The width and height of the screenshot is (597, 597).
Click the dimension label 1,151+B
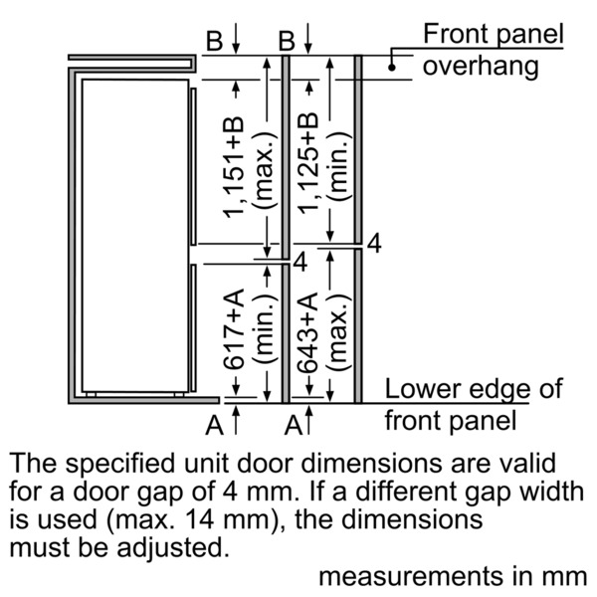[234, 167]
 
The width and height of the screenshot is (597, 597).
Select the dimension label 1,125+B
[307, 163]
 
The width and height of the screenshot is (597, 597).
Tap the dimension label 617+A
[234, 329]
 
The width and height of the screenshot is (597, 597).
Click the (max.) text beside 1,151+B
[264, 170]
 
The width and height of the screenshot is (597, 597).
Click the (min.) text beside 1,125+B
[338, 166]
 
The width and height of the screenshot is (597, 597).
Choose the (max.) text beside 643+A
[338, 332]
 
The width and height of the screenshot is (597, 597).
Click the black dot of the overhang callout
[392, 68]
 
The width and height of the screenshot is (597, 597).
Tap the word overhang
[481, 67]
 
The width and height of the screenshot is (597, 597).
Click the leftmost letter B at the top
[214, 41]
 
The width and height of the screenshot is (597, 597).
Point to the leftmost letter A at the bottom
[214, 425]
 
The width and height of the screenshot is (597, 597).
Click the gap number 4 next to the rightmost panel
[374, 244]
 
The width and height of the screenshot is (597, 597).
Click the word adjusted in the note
[173, 548]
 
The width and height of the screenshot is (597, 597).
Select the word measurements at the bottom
[411, 576]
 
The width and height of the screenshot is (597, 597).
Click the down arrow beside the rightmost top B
[308, 38]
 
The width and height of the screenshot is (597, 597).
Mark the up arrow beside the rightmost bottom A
[308, 420]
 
